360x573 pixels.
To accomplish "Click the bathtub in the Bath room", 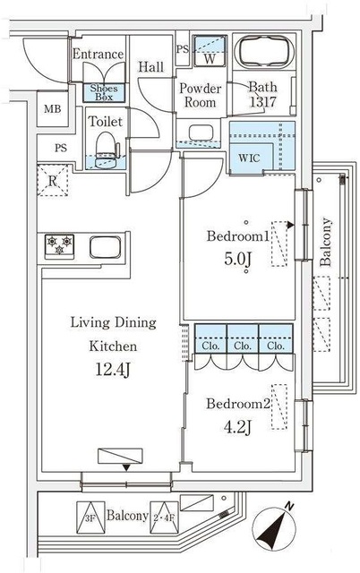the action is tap(264, 52).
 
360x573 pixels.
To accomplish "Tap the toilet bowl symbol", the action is tap(107, 150).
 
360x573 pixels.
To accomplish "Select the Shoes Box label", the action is tap(104, 92).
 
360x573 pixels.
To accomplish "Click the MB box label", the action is tap(53, 109).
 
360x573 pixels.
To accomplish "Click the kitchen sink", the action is tap(106, 247).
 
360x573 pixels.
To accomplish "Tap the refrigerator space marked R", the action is tap(53, 181).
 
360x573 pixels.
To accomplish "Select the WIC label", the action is tap(249, 158).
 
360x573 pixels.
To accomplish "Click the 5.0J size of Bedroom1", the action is tap(237, 259).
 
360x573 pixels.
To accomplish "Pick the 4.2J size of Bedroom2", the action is tap(237, 426).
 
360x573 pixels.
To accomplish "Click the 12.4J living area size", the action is tap(113, 370).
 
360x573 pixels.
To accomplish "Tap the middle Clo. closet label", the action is tap(243, 346).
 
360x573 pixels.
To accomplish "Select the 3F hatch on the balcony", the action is tap(90, 517).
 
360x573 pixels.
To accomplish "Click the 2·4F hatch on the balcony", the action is tap(165, 517).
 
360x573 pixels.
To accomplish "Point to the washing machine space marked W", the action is tap(210, 51).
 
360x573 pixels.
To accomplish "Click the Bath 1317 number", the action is tap(262, 102).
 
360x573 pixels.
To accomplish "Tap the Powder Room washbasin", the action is tap(201, 133).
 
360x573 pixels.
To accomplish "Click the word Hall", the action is tap(150, 67).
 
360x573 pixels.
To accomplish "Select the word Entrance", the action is tap(98, 54).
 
